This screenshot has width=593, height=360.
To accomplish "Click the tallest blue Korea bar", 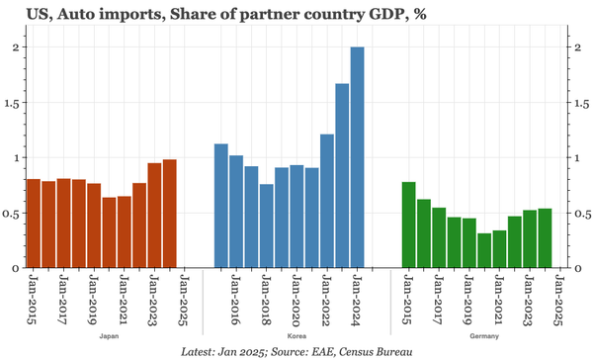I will [357, 158].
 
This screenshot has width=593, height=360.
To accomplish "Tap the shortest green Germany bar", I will [484, 250].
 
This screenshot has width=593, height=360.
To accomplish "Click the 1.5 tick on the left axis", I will [12, 102].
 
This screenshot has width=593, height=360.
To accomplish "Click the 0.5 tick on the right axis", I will [583, 213].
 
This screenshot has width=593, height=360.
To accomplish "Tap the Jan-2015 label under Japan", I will [34, 301].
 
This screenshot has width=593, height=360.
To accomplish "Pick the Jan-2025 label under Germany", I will [558, 301].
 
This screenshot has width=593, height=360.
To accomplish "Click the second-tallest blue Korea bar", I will [342, 176].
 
